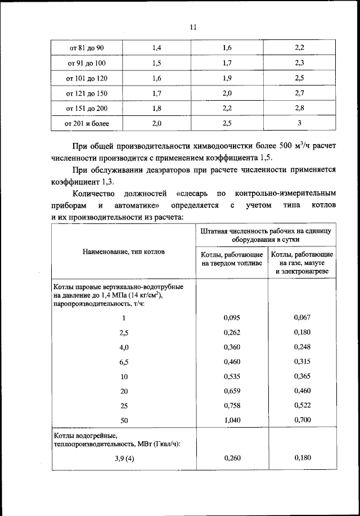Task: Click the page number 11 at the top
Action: tap(192, 26)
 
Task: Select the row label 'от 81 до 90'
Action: tap(87, 48)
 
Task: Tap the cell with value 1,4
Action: tap(157, 48)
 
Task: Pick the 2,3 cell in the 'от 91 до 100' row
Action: tap(299, 63)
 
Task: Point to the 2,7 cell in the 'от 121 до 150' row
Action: tap(299, 93)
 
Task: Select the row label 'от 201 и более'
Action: tap(87, 123)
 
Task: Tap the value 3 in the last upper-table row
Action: tap(299, 123)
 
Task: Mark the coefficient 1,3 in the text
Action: tap(95, 182)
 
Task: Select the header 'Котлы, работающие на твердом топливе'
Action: tap(232, 259)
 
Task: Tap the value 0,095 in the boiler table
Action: tap(232, 317)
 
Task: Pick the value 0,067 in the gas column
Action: tap(302, 317)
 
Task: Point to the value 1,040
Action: tap(232, 420)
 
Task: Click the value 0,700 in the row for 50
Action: tap(302, 420)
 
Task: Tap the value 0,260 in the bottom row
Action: tap(232, 459)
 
